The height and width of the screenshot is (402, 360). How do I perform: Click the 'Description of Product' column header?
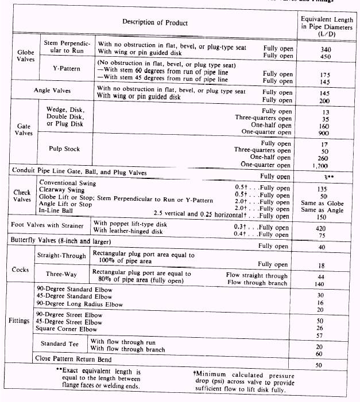[154, 22]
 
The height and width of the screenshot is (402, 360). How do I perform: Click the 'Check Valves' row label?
[22, 197]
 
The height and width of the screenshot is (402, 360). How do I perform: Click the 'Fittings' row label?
[20, 321]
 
